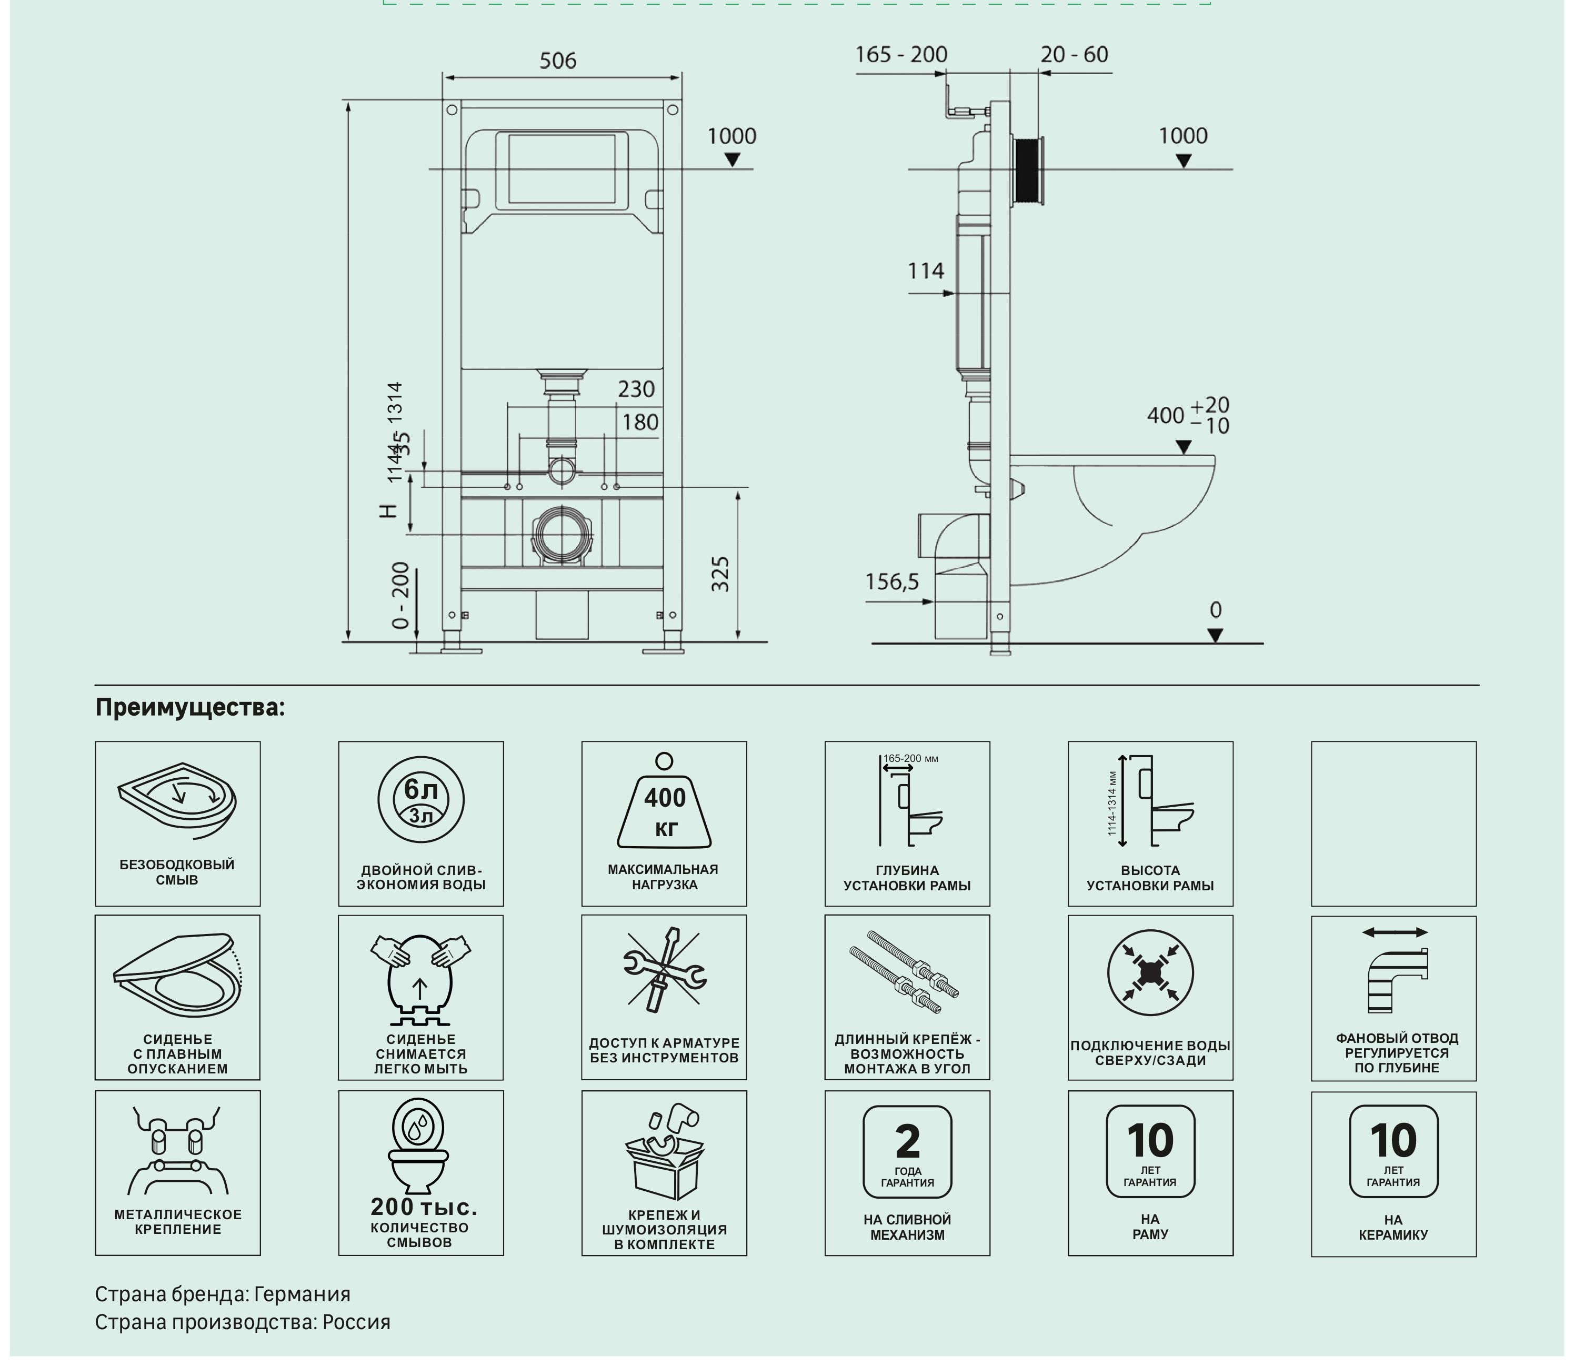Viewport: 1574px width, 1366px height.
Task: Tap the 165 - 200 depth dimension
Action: pos(900,55)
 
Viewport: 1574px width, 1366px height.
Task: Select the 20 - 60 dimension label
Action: pos(1074,55)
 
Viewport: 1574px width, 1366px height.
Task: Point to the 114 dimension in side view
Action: pos(925,270)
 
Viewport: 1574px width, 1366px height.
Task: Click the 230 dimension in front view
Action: pos(636,389)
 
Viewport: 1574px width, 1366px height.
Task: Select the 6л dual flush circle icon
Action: pos(421,800)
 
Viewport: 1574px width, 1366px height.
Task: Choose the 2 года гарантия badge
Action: pos(907,1151)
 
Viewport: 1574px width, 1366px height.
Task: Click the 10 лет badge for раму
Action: pos(1150,1150)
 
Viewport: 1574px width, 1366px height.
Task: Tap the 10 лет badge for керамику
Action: pos(1393,1151)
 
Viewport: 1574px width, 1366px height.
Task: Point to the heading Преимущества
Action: pos(190,707)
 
